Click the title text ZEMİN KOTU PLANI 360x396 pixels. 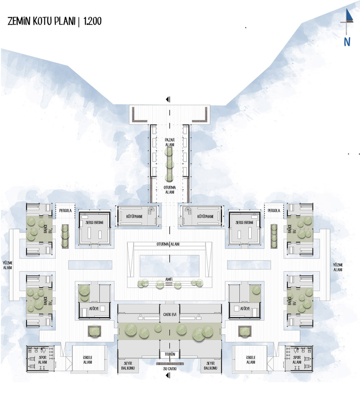[42, 21]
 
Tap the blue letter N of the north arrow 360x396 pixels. [347, 42]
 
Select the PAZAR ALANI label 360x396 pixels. [170, 142]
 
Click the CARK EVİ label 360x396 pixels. [170, 314]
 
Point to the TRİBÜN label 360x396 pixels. [170, 354]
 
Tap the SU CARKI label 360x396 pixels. [170, 369]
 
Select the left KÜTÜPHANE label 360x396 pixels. [135, 217]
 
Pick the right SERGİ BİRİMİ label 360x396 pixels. [245, 223]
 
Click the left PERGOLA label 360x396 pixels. [65, 210]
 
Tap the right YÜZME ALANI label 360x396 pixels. [338, 267]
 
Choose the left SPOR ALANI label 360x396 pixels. [43, 360]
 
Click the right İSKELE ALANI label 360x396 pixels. [251, 360]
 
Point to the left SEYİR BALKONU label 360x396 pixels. [128, 366]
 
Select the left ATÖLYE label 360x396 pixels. [94, 308]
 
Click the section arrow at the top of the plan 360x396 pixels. [168, 99]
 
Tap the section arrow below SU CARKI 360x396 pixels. [168, 376]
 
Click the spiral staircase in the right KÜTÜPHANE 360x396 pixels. [188, 209]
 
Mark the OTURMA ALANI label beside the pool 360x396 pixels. [170, 244]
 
